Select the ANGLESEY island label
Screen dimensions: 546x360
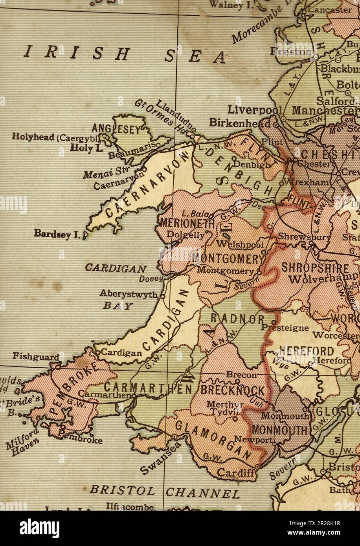tap(116, 129)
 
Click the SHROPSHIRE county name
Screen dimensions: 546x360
tap(315, 268)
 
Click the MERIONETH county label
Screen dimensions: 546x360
tap(187, 224)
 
